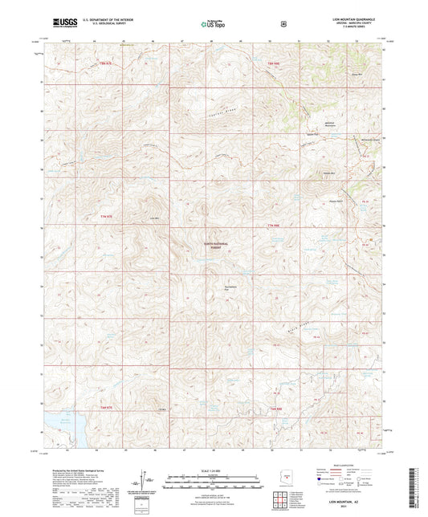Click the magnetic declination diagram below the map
145,479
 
